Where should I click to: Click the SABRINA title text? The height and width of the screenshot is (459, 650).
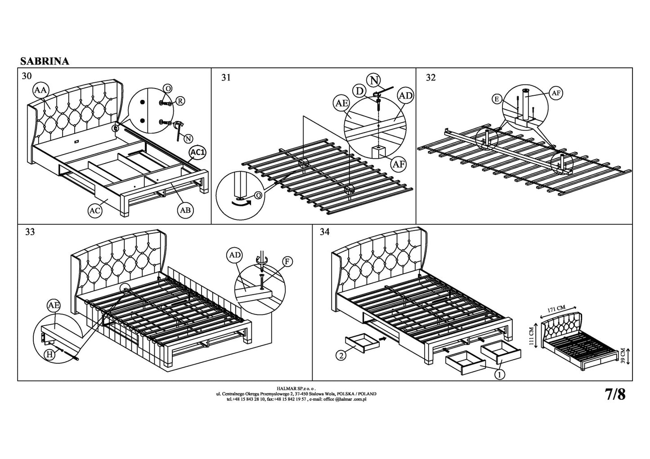tap(45, 62)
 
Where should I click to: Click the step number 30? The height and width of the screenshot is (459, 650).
tap(27, 76)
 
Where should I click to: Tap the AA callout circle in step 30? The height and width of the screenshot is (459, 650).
tap(40, 90)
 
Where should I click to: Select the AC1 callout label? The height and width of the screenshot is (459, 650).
tap(197, 152)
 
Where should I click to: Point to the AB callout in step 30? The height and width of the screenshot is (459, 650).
tap(185, 209)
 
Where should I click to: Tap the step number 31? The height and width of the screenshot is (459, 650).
tap(226, 78)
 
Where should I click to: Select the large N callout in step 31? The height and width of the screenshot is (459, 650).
tap(374, 80)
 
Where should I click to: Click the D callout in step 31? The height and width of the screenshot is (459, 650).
tap(360, 91)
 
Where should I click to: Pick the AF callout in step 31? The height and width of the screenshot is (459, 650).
tap(399, 165)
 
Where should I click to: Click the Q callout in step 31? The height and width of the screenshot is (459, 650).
tap(258, 195)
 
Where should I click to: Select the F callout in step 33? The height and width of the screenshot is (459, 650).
tap(286, 262)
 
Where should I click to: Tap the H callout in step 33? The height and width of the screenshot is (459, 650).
tap(50, 354)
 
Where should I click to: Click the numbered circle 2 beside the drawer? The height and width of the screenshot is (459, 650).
tap(342, 355)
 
